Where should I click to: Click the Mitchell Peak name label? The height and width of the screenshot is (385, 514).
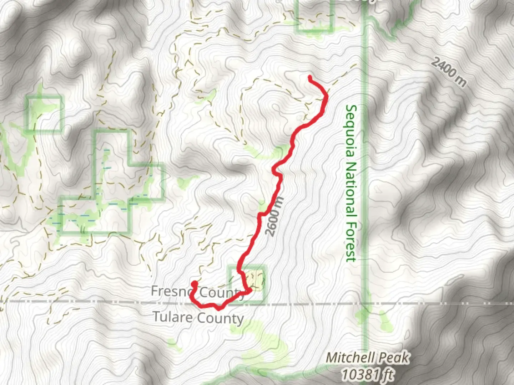368,358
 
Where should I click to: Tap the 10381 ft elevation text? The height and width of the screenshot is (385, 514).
368,374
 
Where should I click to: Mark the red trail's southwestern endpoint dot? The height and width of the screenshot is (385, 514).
195,284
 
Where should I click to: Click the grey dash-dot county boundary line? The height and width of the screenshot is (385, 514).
428,304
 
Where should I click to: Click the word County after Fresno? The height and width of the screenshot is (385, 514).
221,293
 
